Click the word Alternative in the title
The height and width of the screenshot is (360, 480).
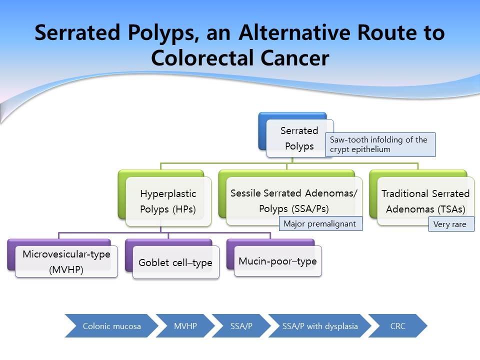(x=294, y=32)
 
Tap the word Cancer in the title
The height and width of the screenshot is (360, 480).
(x=295, y=58)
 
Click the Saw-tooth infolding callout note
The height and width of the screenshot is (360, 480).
(x=380, y=144)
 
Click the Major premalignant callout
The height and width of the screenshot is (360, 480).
(x=320, y=223)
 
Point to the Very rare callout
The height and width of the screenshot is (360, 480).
(x=451, y=224)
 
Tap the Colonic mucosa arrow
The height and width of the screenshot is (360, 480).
(x=111, y=325)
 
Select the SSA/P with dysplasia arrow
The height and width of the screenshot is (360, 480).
(x=320, y=325)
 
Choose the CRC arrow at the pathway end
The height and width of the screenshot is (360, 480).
(x=397, y=325)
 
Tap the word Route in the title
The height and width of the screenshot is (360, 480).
(x=387, y=32)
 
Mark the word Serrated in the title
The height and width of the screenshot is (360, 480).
(x=77, y=32)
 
